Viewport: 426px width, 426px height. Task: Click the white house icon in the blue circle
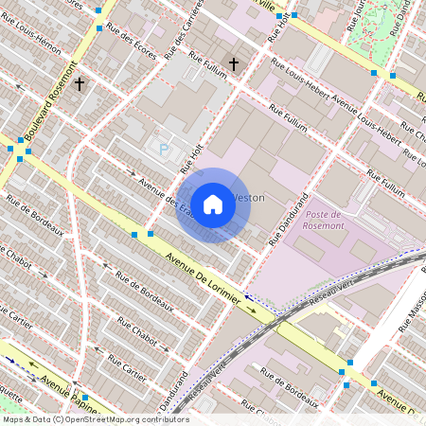coord(213,204)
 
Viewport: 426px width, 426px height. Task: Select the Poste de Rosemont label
coord(325,220)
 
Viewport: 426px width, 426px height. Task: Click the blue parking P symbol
coord(164,149)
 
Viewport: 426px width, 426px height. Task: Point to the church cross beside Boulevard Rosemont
coord(80,84)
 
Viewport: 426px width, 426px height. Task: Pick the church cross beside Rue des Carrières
coord(233,64)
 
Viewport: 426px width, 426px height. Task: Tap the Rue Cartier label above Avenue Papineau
coord(127,368)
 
